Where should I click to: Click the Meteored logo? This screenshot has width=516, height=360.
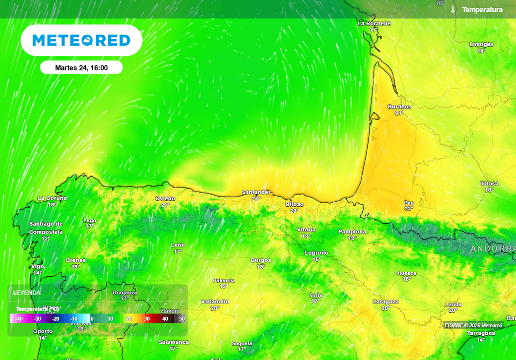tap(81, 40)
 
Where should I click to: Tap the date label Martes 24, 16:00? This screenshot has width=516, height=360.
tap(81, 68)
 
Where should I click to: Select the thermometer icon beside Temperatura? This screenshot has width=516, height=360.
tap(453, 10)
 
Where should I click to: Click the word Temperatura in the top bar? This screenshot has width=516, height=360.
tap(482, 10)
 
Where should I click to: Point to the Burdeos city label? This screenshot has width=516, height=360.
tap(399, 107)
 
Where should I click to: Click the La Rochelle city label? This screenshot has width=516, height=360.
tap(374, 23)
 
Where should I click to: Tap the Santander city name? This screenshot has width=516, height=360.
tap(256, 192)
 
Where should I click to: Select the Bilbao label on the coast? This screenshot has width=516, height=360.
tap(294, 204)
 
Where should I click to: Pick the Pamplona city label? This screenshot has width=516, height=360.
tap(352, 232)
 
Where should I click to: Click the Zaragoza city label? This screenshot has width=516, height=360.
tap(385, 302)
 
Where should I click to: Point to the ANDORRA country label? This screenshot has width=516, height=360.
tap(493, 249)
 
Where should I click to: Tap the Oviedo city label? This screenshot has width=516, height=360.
tap(165, 199)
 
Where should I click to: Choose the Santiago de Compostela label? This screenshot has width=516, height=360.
tap(45, 227)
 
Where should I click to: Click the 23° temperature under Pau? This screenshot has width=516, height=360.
tap(408, 209)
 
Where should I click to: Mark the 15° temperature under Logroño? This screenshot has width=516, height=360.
tap(316, 259)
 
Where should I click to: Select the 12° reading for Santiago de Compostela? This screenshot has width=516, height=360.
tap(45, 238)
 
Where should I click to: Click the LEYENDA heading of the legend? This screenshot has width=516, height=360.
tap(27, 292)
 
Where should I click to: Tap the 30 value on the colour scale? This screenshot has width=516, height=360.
tap(147, 319)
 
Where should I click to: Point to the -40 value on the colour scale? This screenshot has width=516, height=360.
tap(19, 319)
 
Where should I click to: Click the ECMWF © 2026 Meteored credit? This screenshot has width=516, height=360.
tap(473, 325)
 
